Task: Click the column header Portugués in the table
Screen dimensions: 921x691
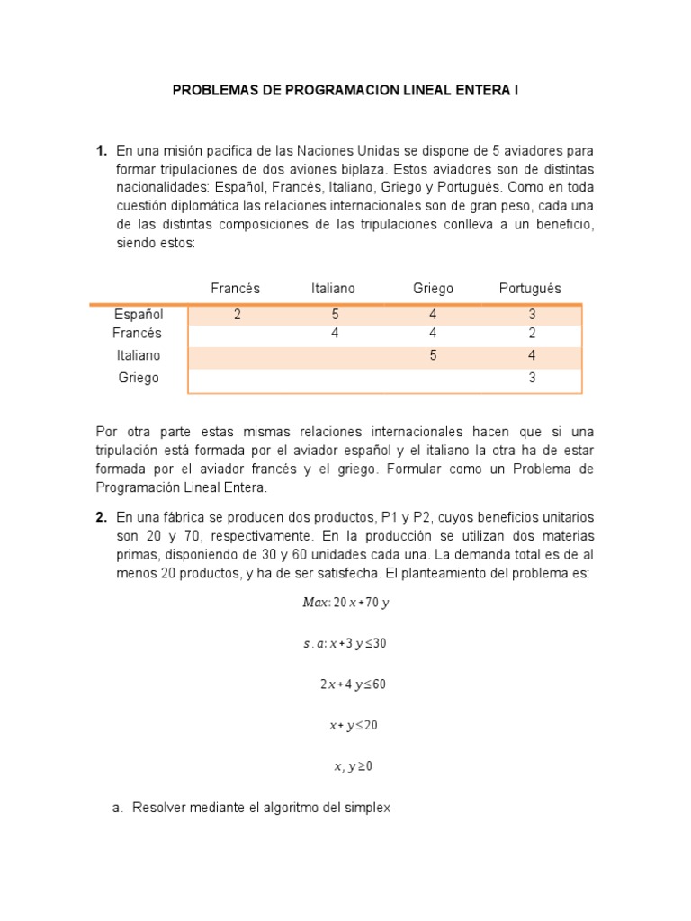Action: (x=530, y=289)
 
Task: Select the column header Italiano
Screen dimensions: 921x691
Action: (x=333, y=289)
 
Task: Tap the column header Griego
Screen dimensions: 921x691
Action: (x=433, y=289)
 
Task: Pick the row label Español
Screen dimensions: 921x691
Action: (x=139, y=315)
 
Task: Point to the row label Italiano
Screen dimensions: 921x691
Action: (x=139, y=355)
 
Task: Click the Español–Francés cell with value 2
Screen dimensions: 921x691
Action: (x=237, y=315)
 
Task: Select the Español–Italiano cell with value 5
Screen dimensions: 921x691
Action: (x=334, y=315)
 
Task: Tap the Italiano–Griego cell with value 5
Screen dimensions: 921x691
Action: (x=433, y=355)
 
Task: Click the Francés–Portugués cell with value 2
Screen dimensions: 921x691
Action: (x=532, y=334)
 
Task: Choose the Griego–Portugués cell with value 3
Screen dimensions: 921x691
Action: (x=532, y=378)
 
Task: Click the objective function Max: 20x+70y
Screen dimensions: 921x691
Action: (x=345, y=603)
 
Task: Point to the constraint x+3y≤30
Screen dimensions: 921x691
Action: (x=345, y=644)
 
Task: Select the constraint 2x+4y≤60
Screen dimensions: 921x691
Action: (x=353, y=684)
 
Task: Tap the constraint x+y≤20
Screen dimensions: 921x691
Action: (x=353, y=726)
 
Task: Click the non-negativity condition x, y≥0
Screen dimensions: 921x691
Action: (x=353, y=767)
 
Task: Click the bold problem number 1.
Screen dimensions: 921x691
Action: (x=102, y=150)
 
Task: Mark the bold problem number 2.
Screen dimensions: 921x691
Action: (x=102, y=517)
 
